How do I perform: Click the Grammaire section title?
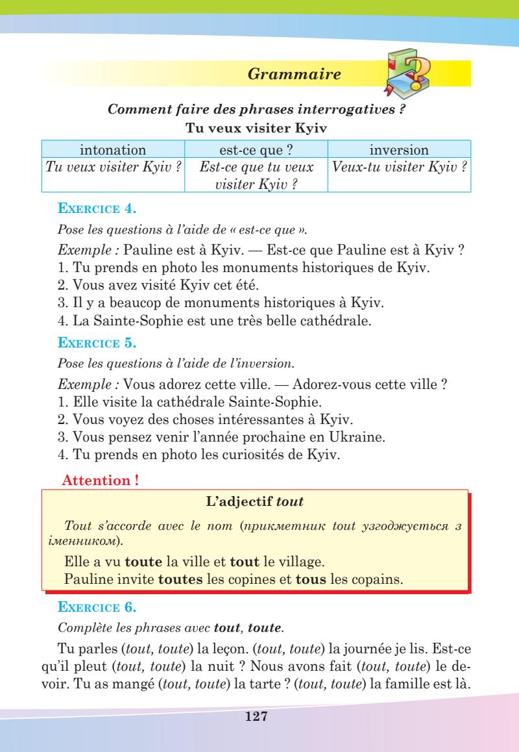(295, 74)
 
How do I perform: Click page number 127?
(259, 717)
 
